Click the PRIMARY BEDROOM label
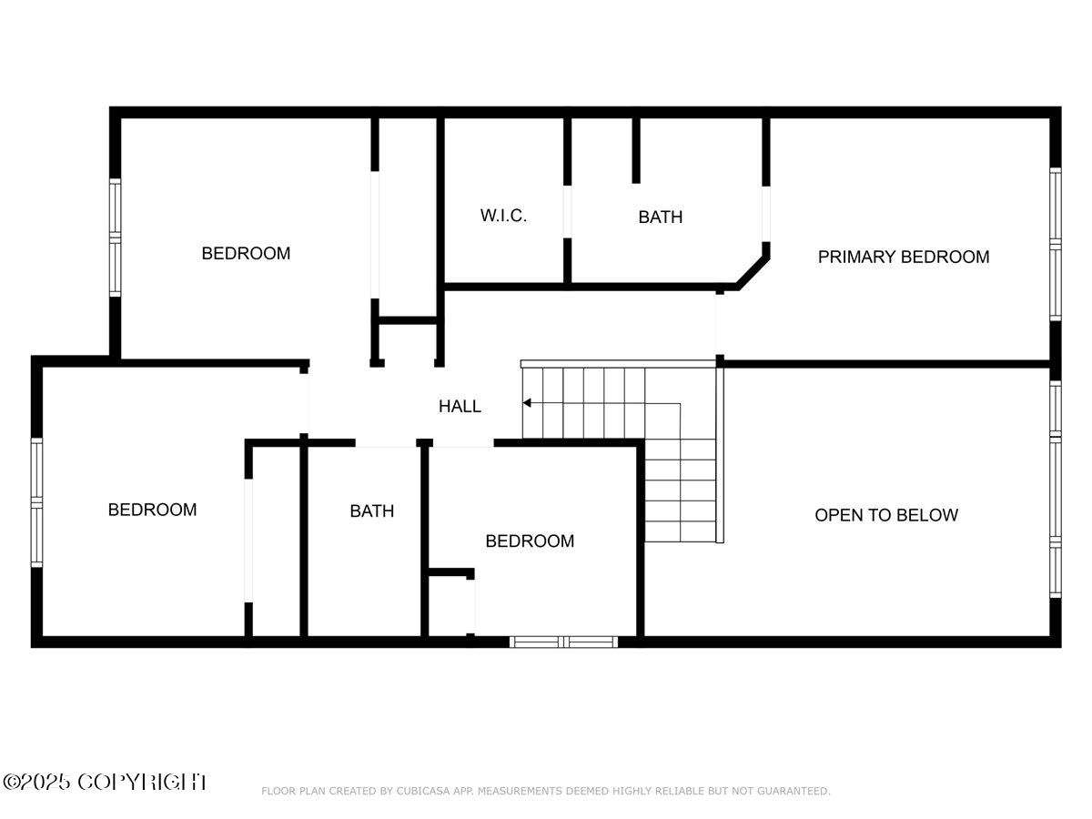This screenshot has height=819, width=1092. (903, 257)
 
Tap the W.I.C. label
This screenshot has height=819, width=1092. (503, 217)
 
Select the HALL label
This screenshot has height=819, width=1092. (460, 407)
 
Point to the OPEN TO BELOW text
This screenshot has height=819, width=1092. (885, 515)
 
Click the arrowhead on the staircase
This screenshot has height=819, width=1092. (527, 402)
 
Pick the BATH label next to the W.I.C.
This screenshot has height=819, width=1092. (660, 217)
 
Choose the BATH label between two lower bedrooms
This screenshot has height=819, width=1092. (372, 511)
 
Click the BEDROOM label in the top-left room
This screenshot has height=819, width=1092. (246, 254)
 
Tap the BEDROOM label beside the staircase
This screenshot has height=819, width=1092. (530, 541)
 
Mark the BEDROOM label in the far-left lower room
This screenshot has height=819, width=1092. (152, 510)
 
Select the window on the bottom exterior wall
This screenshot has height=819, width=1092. (563, 642)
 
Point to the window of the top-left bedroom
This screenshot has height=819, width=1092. (116, 238)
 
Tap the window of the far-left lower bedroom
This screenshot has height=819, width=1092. (37, 502)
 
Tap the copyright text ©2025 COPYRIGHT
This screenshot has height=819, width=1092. (105, 782)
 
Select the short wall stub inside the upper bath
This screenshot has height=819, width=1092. (636, 150)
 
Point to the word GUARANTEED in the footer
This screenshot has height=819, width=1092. (791, 792)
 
